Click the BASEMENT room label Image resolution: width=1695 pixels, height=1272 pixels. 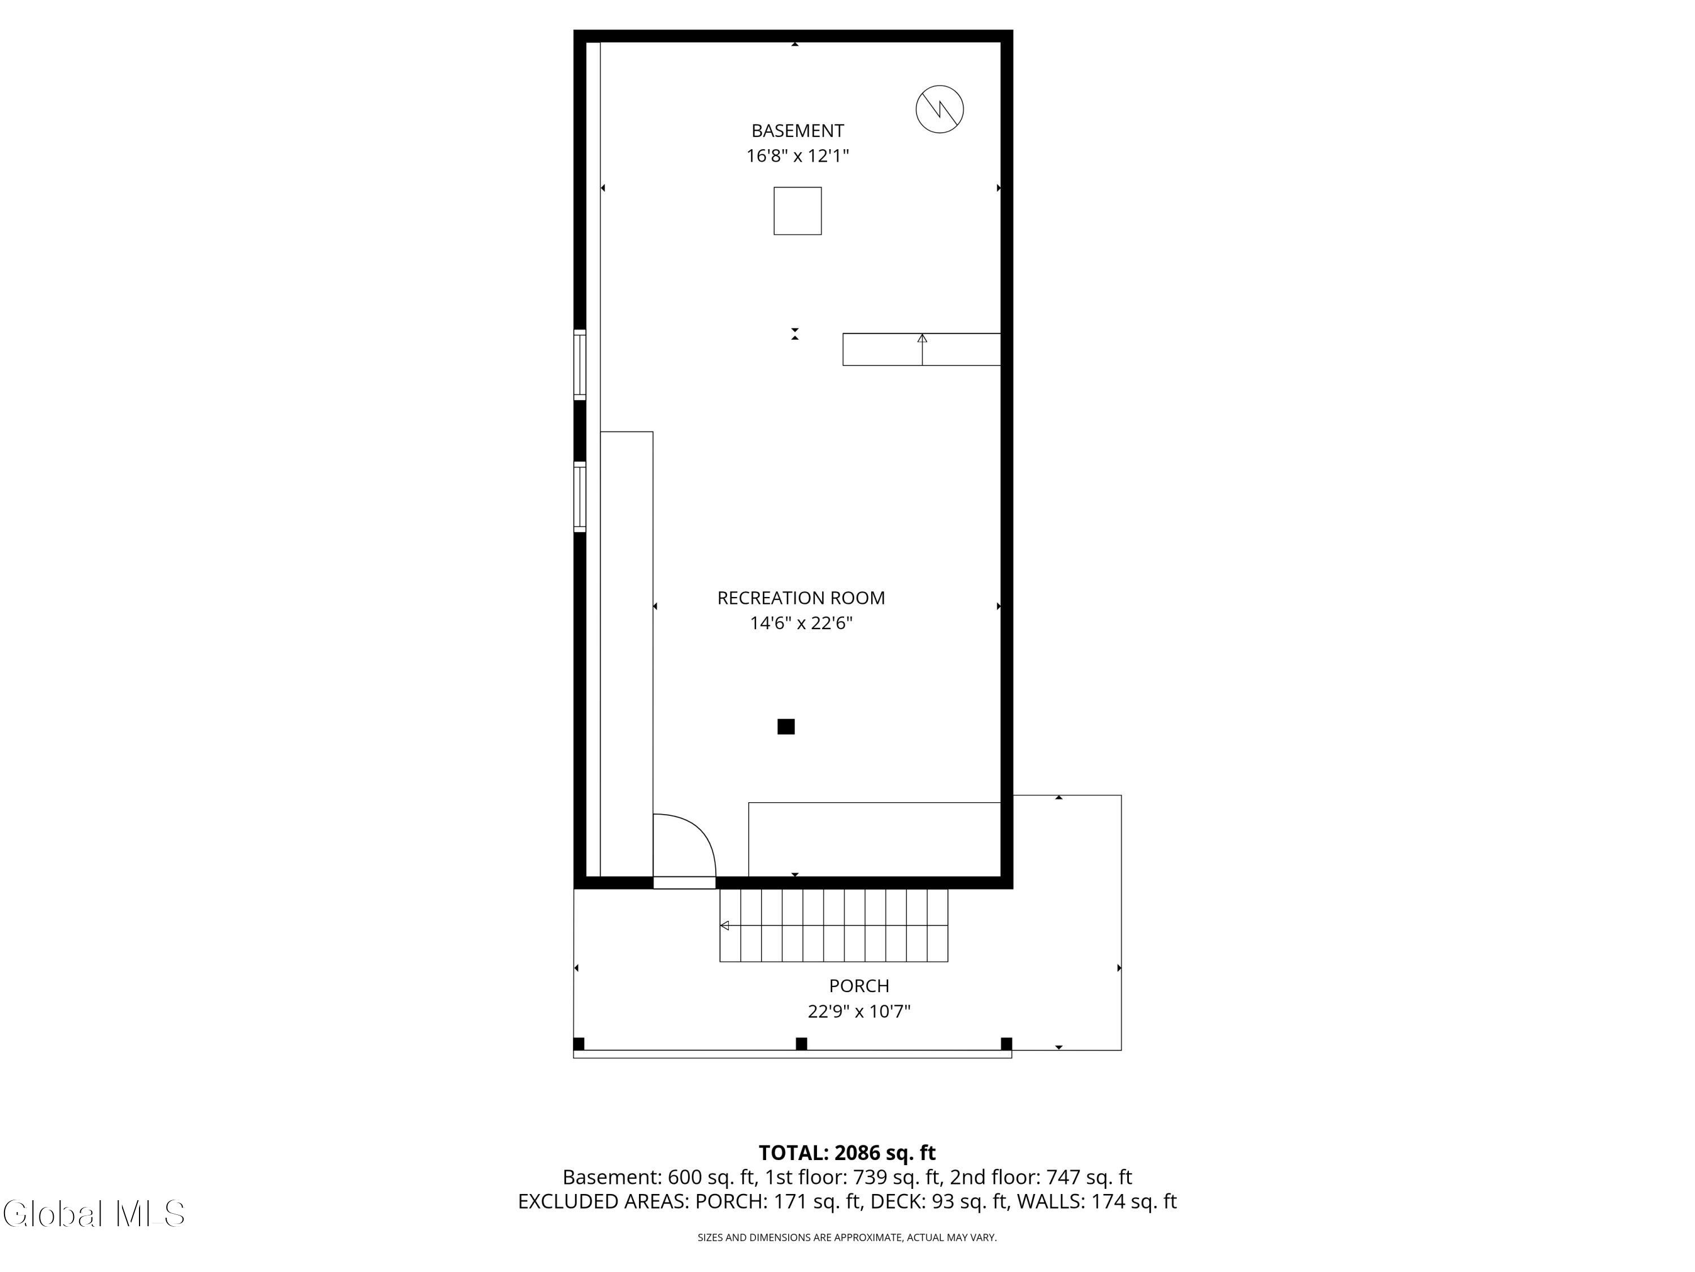[x=798, y=131]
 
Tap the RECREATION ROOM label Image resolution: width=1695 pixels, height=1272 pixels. [x=801, y=598]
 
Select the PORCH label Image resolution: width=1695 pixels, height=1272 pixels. [x=859, y=986]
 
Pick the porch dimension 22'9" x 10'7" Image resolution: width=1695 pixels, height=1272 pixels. [x=859, y=1011]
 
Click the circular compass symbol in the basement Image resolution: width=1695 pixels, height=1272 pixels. [x=940, y=109]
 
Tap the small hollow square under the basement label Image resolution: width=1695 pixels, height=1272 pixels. [x=798, y=211]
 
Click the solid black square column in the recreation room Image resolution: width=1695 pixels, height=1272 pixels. [x=786, y=727]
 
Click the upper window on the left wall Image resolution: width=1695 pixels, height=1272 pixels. [x=580, y=365]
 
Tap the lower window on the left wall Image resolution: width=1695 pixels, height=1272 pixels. [x=580, y=497]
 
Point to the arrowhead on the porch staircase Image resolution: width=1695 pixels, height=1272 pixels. [x=724, y=925]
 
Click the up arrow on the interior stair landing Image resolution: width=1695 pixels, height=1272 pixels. [x=922, y=349]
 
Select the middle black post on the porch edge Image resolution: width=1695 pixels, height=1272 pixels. [x=802, y=1044]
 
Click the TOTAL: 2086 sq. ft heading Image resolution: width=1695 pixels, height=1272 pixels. [x=847, y=1153]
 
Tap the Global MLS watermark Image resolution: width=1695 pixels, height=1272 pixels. [x=93, y=1214]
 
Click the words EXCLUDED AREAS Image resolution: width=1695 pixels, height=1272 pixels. [x=602, y=1201]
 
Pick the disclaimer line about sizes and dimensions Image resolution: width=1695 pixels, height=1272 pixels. [x=847, y=1238]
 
